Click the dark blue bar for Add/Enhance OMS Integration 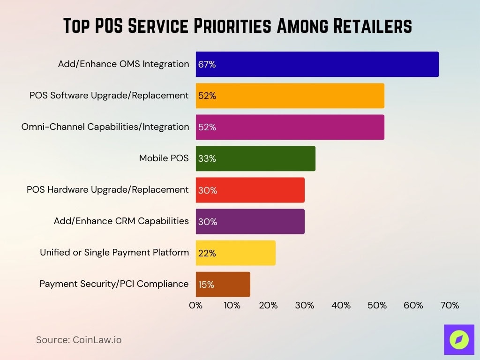tap(317, 64)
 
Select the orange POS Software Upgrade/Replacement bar tap(290, 96)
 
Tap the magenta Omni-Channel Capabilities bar tap(290, 127)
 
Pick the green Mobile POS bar tap(255, 158)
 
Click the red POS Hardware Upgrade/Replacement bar tap(250, 190)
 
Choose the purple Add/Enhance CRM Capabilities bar tap(250, 221)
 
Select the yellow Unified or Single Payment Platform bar tap(235, 253)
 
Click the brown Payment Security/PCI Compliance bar tap(223, 285)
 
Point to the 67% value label tap(207, 65)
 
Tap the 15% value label tap(206, 285)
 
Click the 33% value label tap(207, 159)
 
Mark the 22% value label tap(207, 253)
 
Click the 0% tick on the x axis tap(195, 306)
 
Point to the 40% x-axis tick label tap(341, 306)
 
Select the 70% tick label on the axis tap(450, 306)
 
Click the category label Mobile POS tap(164, 158)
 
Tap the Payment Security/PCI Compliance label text tap(114, 284)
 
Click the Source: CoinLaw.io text tap(79, 340)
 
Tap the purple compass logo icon tap(459, 339)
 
